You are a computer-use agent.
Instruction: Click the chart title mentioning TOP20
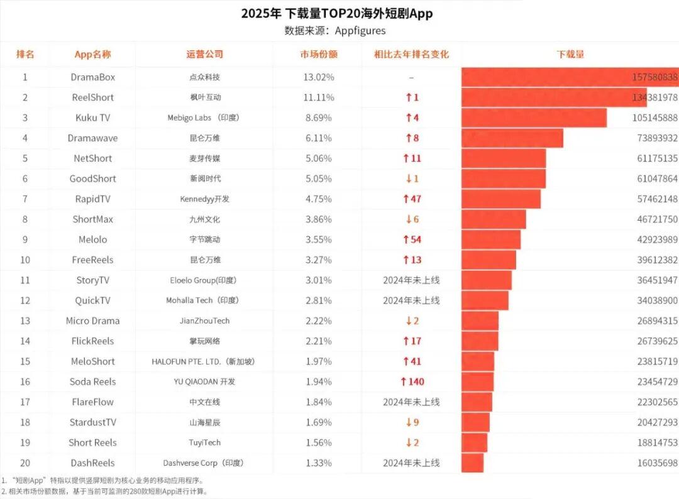pos(337,14)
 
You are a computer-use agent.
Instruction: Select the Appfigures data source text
pos(335,31)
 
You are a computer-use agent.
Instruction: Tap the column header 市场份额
pos(319,55)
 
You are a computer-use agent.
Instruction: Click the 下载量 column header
pos(570,55)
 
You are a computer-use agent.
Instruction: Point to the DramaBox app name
pos(93,77)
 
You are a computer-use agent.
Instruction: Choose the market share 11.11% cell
pos(319,97)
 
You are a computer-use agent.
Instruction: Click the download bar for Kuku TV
pos(534,118)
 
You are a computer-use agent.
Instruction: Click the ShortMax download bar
pos(494,219)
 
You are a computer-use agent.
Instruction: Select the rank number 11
pos(25,280)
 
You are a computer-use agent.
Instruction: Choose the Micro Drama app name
pos(92,321)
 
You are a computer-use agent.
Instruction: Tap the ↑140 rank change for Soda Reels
pos(412,381)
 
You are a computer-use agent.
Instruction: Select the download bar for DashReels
pos(473,463)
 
